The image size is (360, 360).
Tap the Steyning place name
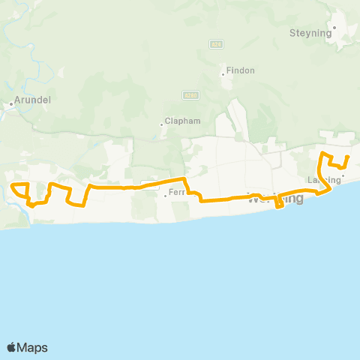(x=306, y=32)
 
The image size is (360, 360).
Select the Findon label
(x=241, y=70)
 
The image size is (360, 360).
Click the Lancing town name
(x=323, y=180)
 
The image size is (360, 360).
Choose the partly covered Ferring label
(x=178, y=193)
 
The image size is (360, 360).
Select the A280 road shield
(x=190, y=95)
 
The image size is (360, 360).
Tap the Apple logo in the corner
(x=12, y=347)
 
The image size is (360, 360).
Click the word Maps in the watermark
(x=33, y=347)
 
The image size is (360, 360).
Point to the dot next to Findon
(x=223, y=73)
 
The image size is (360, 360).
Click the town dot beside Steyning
(x=335, y=28)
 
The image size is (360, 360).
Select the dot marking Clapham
(x=161, y=124)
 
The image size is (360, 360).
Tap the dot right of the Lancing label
(x=343, y=177)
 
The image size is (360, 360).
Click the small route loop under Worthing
(x=279, y=204)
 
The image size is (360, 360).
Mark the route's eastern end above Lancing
(x=348, y=157)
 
